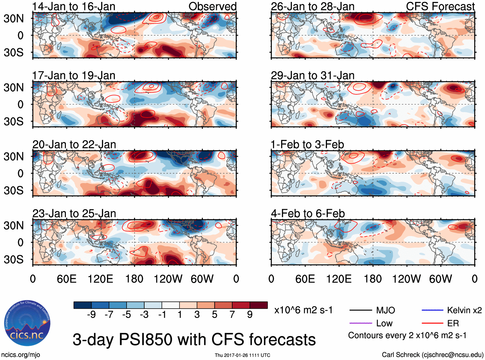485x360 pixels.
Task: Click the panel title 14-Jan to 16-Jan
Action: point(74,6)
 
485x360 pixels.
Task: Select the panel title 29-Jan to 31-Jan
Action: point(313,75)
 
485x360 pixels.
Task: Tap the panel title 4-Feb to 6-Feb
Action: point(308,214)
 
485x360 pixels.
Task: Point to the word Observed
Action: point(212,6)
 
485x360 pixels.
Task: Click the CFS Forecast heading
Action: point(440,6)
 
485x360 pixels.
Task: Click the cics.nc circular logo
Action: point(27,323)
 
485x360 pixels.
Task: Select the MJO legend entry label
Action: point(385,310)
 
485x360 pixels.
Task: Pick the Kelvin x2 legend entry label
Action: point(464,310)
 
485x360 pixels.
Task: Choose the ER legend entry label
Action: point(453,323)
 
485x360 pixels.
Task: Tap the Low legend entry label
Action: point(384,323)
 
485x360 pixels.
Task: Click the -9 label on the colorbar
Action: point(91,315)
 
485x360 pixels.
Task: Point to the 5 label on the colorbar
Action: point(215,315)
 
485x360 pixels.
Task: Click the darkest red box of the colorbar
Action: point(259,305)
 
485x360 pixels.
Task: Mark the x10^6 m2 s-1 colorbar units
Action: point(303,310)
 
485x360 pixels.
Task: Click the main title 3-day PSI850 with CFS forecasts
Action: point(194,340)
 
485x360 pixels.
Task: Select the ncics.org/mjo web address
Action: point(21,355)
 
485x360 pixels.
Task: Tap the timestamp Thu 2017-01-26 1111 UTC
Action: point(242,355)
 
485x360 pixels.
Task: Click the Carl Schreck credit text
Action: point(432,355)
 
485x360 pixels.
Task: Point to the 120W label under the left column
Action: point(168,279)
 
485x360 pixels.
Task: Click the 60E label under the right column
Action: point(305,279)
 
